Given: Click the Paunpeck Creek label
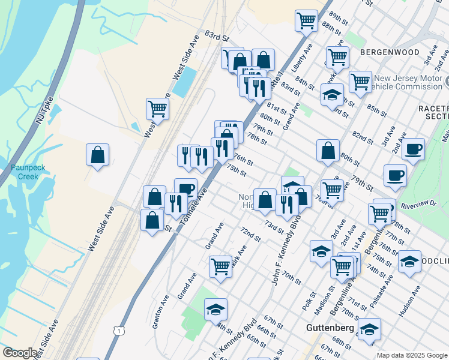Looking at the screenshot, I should coord(24,172).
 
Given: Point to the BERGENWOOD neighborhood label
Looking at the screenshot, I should coord(390,52).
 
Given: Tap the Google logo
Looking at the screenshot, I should coord(20,353).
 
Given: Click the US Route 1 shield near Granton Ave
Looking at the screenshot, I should coord(120,331).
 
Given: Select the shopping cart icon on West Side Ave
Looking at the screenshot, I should coord(157,109).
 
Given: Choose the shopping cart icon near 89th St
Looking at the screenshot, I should coord(306,21).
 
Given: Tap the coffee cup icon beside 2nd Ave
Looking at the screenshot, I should coord(413,149).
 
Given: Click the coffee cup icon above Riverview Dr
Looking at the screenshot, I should coord(395,175).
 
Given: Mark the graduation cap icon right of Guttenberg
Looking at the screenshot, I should coord(370,330).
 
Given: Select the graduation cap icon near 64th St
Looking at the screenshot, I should coord(215,310).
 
